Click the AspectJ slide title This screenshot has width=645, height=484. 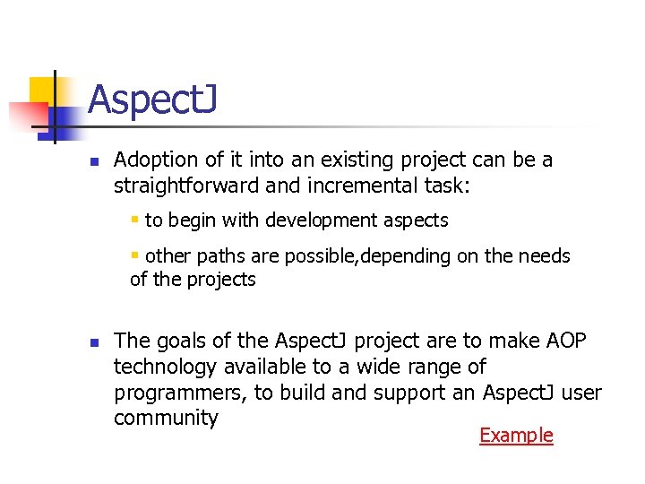(x=152, y=100)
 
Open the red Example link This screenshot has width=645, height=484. (x=516, y=436)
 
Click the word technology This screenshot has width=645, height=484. (x=166, y=367)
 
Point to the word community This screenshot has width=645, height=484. (x=166, y=418)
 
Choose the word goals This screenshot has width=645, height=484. (x=177, y=341)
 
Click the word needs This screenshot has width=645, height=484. (x=546, y=256)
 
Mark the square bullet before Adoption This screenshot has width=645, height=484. (x=93, y=162)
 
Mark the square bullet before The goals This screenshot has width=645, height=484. (x=93, y=342)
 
